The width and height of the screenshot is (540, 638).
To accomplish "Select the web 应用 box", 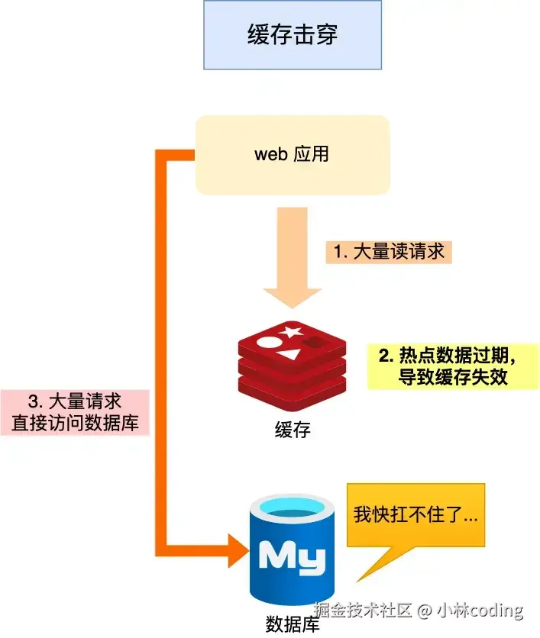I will coord(293,154).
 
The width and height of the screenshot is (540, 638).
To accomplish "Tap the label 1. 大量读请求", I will coord(389,252).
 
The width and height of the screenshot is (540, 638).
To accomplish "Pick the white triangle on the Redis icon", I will coord(289,354).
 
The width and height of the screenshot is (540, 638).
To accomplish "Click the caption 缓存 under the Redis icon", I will coord(293,430).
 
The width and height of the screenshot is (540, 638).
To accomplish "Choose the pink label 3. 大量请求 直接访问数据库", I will coord(75,413).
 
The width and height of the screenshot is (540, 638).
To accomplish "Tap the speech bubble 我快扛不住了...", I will coord(416,516).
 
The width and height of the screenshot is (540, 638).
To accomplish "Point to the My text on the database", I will coord(293,556).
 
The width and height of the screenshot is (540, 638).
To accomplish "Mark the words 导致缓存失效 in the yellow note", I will coord(453,377).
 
